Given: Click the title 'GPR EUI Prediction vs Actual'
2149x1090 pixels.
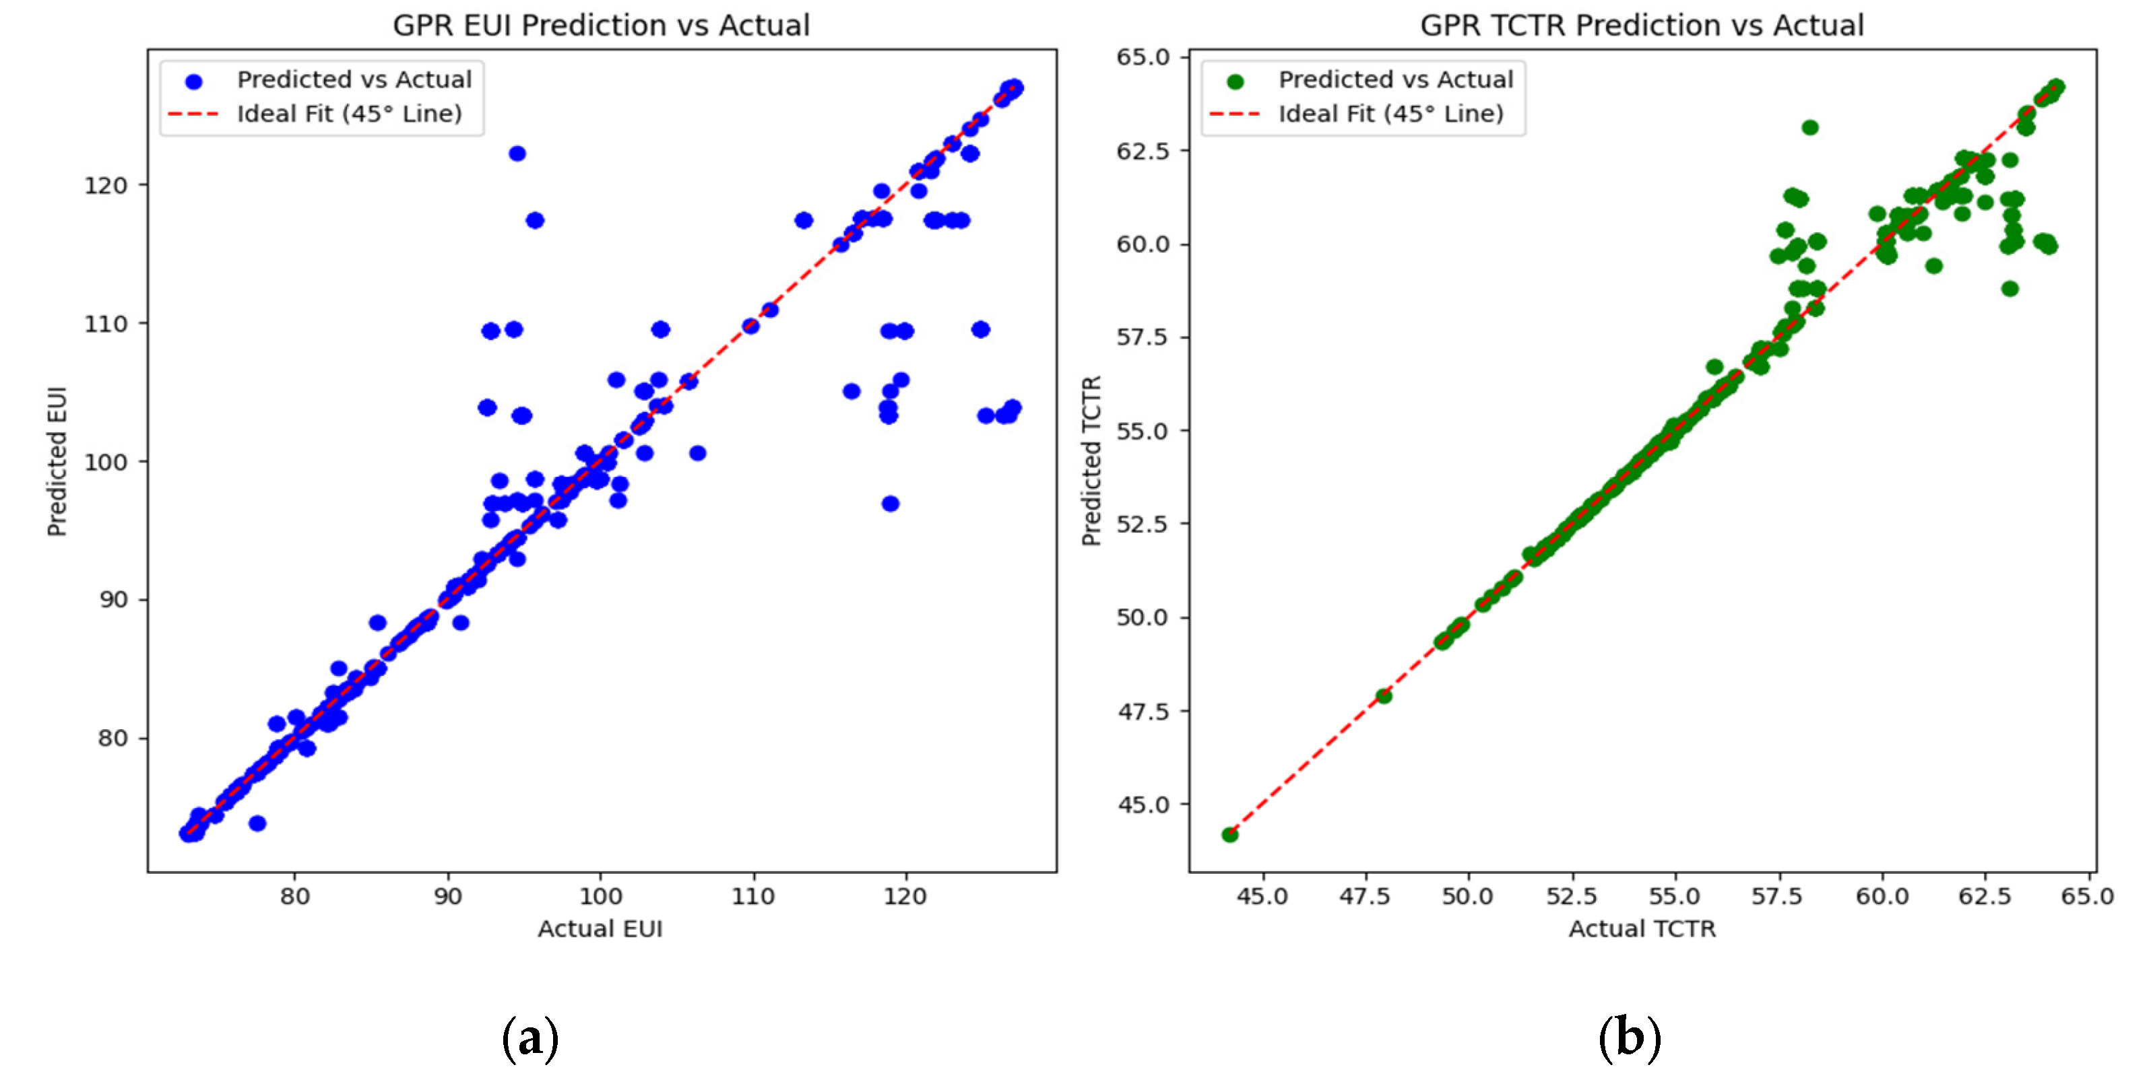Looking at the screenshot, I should pos(601,25).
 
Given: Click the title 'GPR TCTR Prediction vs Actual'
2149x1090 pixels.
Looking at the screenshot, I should pos(1641,25).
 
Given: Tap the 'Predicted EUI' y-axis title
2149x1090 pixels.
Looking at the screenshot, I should pos(57,461).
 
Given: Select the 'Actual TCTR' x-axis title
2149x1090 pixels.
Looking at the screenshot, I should pos(1641,928).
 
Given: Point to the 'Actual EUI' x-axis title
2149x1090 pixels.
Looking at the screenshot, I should pos(600,928).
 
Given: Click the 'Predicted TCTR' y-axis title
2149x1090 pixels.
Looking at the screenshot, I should pos(1091,461).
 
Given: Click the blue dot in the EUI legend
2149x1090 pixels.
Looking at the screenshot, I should pos(193,81).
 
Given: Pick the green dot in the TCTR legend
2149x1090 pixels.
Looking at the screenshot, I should pos(1236,81).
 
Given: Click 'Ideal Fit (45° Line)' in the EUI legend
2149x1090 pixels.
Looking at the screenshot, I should pos(349,113).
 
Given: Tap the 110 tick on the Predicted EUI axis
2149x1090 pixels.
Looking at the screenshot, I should pos(105,324).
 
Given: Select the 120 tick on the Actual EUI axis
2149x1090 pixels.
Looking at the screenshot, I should pos(905,897).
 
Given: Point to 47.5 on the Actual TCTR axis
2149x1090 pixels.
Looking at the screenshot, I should pos(1365,897).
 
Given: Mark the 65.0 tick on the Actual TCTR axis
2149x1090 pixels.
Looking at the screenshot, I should pos(2087,897).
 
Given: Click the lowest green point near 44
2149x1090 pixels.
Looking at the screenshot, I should pos(1229,835).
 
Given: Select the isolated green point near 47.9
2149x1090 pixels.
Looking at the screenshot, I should pos(1384,695).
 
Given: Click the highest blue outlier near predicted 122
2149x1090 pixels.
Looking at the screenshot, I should pos(517,154).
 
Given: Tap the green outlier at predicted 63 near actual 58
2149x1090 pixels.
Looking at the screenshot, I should pos(1809,128).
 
